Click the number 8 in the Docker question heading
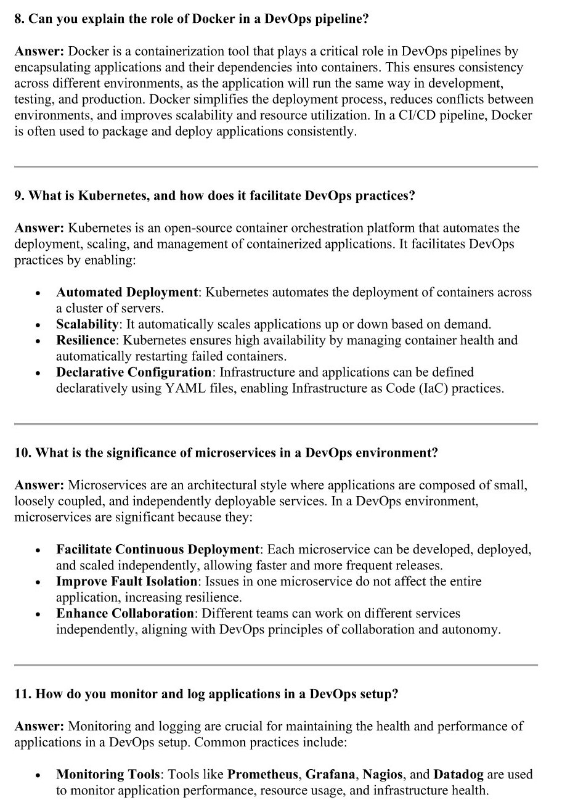[18, 19]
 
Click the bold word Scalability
[87, 324]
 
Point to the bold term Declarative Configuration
[134, 372]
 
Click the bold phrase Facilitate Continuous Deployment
[158, 549]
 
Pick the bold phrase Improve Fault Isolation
[127, 581]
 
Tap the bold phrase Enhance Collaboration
[125, 613]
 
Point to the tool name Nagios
[383, 775]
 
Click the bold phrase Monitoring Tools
[108, 775]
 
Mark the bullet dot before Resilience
[38, 341]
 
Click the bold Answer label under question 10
[39, 485]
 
